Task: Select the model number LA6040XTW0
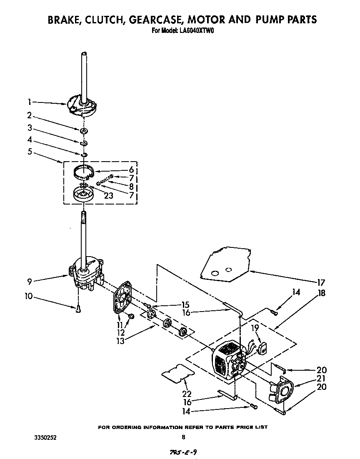[x=197, y=30]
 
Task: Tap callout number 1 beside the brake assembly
[x=30, y=102]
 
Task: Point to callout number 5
[x=30, y=152]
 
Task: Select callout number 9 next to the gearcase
[x=30, y=282]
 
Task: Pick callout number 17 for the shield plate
[x=320, y=282]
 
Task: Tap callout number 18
[x=321, y=293]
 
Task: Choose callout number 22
[x=187, y=394]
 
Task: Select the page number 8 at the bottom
[x=183, y=437]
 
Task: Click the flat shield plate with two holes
[x=225, y=267]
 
